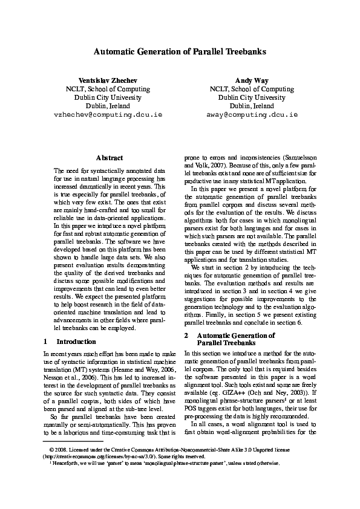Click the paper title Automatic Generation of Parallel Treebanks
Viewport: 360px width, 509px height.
tap(180, 52)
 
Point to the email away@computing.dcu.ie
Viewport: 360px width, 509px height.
tap(252, 114)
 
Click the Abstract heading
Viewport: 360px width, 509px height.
tap(110, 158)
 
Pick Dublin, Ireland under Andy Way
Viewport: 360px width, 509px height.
tap(252, 105)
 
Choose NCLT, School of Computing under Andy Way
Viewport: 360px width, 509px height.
tap(252, 89)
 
